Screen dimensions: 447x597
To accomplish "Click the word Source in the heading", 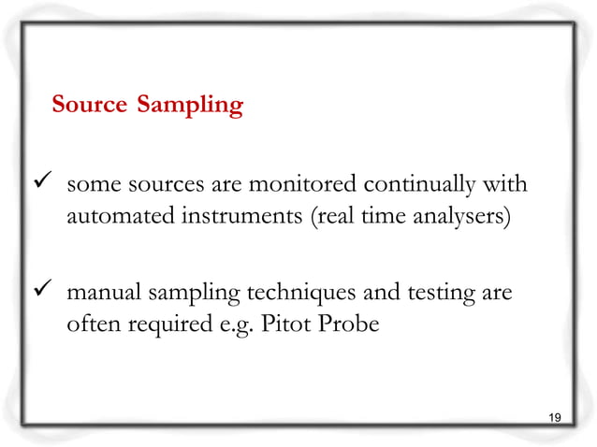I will coord(88,105).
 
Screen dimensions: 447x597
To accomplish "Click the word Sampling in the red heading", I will coord(189,106).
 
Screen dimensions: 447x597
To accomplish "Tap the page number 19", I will coord(554,416).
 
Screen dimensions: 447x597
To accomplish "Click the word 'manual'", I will coord(102,295).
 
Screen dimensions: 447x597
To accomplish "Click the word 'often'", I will coord(90,328).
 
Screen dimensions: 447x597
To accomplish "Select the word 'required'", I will coord(164,329).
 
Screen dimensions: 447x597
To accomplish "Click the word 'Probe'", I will coord(344,328).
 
